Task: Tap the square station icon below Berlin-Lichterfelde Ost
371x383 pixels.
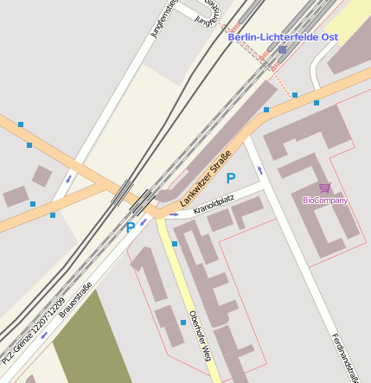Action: [282, 50]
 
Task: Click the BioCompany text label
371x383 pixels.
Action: [325, 201]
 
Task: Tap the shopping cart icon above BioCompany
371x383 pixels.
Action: [324, 188]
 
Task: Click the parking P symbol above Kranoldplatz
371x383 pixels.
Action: [230, 178]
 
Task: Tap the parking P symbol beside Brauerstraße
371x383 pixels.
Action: [131, 228]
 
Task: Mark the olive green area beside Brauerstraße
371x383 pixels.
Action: [91, 346]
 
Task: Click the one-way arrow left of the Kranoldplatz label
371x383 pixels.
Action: [174, 213]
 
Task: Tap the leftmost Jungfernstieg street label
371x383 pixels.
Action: [163, 17]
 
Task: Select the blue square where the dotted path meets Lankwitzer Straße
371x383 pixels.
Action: [295, 95]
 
